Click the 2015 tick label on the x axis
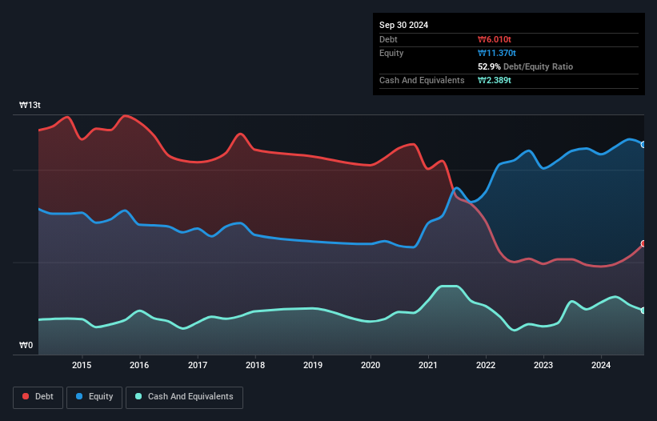point(82,366)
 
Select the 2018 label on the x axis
point(254,366)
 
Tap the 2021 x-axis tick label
point(428,366)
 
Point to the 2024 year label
point(601,366)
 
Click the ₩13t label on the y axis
point(30,106)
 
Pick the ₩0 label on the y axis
point(26,346)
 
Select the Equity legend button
point(95,396)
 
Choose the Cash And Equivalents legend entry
point(184,396)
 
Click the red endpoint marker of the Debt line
point(643,244)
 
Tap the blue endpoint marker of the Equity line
point(643,145)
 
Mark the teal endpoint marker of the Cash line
point(643,311)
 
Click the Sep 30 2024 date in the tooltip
point(403,25)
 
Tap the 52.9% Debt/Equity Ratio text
point(525,66)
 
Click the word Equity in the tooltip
point(391,53)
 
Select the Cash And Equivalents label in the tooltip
point(422,80)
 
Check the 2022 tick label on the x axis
point(486,366)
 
